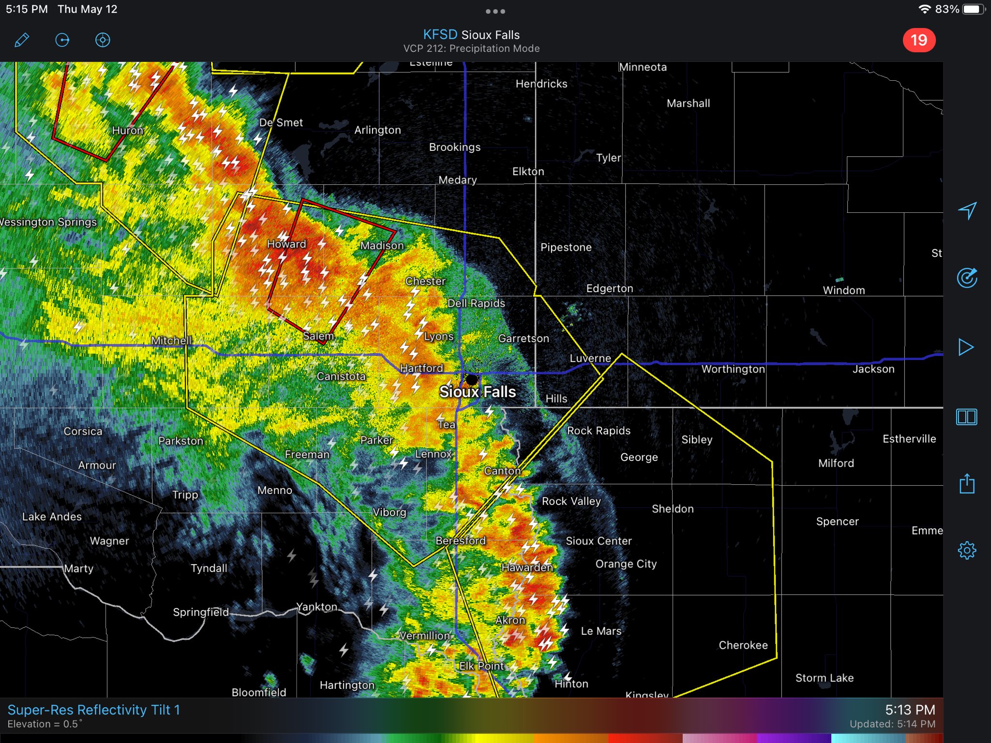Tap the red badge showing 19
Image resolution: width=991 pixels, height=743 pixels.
(x=919, y=40)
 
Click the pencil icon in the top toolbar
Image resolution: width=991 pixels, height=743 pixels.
(x=22, y=40)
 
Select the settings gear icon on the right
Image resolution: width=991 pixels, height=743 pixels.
(x=967, y=550)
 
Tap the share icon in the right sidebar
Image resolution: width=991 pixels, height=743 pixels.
(x=967, y=484)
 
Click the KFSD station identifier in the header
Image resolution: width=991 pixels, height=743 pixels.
(x=440, y=35)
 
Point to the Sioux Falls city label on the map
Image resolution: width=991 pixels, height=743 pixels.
(x=478, y=392)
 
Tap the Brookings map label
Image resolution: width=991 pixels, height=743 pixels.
(x=455, y=147)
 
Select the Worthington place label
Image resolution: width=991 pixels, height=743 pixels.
(x=733, y=369)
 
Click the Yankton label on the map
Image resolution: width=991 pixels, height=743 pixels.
(x=317, y=607)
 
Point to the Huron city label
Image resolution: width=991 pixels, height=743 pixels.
(x=128, y=130)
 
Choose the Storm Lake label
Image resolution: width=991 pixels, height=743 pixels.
(x=825, y=678)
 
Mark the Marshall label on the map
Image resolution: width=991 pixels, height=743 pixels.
(x=688, y=103)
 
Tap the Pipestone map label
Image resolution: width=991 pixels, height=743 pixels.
(x=566, y=247)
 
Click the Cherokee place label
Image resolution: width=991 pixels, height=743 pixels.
(x=743, y=645)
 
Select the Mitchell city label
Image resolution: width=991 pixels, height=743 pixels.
(x=171, y=341)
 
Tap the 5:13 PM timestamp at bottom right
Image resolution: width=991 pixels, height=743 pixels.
(x=910, y=710)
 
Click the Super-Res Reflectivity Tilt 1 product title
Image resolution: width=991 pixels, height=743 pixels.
(x=94, y=710)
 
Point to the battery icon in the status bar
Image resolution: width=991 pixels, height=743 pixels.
(x=972, y=9)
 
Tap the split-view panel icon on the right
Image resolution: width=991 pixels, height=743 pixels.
(x=967, y=417)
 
